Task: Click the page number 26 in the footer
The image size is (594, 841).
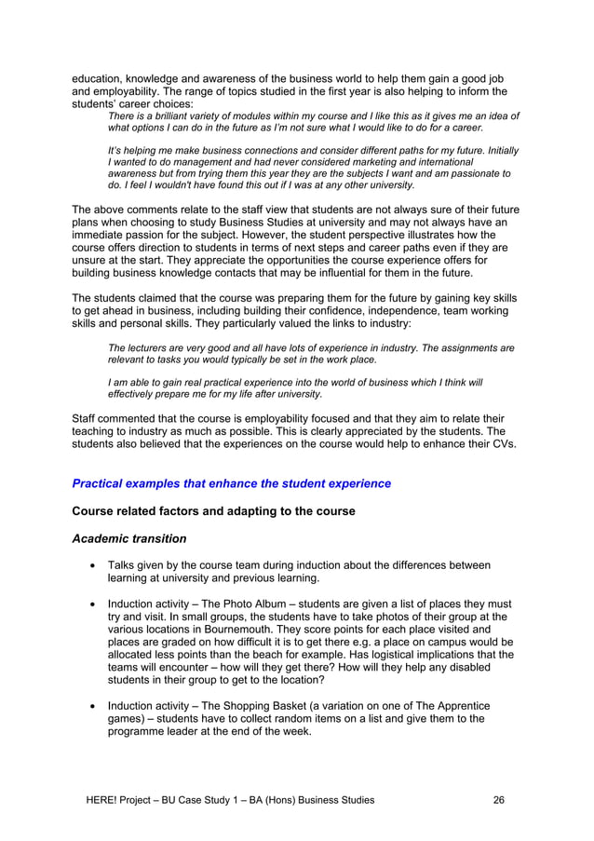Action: [500, 800]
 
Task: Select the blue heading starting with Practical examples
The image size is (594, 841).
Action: [231, 483]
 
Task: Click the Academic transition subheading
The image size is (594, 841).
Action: [129, 538]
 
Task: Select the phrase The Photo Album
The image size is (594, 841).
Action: [253, 603]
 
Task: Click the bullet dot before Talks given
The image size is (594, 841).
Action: [92, 565]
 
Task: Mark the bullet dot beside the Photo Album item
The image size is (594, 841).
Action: [92, 604]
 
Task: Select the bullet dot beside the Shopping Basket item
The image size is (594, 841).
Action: [92, 707]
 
